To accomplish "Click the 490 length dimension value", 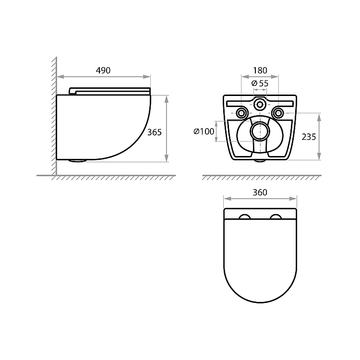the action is (x=103, y=70).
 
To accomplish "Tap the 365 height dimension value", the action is (x=154, y=132).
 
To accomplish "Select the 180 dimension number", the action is (x=260, y=70).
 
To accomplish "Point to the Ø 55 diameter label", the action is (x=260, y=83).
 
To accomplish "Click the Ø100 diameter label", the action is (x=204, y=132).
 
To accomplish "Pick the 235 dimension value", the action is (x=309, y=137).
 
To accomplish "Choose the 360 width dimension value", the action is (x=260, y=192).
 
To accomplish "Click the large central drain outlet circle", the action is (x=260, y=131).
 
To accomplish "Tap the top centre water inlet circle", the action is (x=260, y=105).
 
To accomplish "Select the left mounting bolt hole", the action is (x=241, y=113).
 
